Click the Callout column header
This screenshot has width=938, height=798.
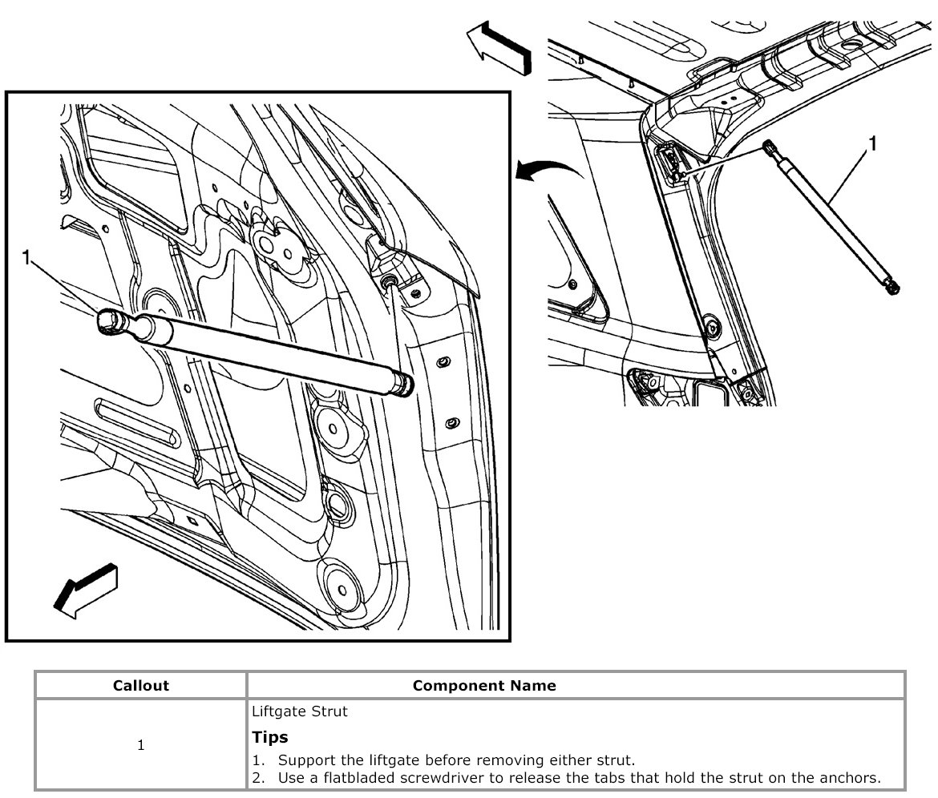(x=141, y=686)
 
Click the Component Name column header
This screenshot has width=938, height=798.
(x=483, y=686)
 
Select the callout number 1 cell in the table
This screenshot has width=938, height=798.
(x=141, y=745)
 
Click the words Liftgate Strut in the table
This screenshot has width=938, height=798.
(x=289, y=711)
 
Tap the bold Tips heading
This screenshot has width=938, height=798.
(x=270, y=737)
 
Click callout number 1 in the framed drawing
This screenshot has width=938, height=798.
(x=26, y=258)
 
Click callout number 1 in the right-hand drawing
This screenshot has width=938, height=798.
(x=872, y=143)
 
